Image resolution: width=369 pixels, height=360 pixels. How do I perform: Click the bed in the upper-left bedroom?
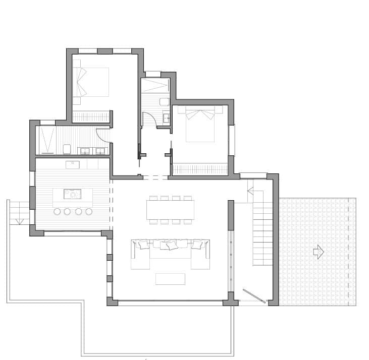[x=92, y=82]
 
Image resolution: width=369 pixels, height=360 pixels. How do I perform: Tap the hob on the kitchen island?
[x=73, y=194]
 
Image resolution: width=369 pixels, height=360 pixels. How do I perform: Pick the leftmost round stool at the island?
[x=56, y=211]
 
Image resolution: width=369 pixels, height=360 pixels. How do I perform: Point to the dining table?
[x=170, y=209]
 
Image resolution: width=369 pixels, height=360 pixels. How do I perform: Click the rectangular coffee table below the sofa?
[x=170, y=279]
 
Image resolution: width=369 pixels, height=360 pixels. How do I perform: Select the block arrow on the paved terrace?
[x=318, y=252]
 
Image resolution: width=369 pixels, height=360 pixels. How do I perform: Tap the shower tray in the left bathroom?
[x=48, y=140]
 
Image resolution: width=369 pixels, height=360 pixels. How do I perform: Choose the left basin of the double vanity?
[x=85, y=150]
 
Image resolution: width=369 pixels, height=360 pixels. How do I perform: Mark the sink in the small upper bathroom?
[x=166, y=119]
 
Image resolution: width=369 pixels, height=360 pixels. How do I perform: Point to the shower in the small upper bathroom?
[x=155, y=85]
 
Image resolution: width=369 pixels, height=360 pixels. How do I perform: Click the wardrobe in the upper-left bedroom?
[x=91, y=116]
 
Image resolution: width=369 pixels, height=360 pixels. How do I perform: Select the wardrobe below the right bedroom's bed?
[x=200, y=169]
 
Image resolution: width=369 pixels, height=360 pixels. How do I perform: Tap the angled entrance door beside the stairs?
[x=253, y=296]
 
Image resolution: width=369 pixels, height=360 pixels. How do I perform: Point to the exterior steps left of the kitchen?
[x=19, y=211]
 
